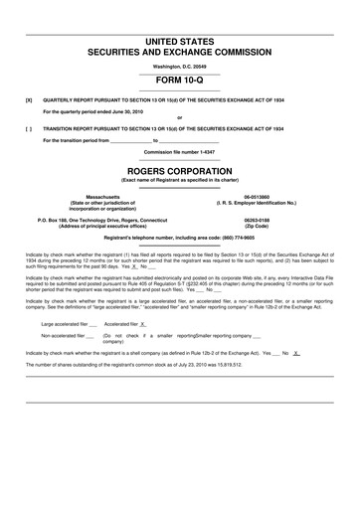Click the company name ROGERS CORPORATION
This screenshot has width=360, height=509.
pos(180,171)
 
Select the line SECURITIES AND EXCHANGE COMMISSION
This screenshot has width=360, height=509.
pos(180,49)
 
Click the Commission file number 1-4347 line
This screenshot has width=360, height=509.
pos(180,152)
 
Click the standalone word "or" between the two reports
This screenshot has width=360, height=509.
pos(180,119)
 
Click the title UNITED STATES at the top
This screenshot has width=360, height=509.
pos(180,38)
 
